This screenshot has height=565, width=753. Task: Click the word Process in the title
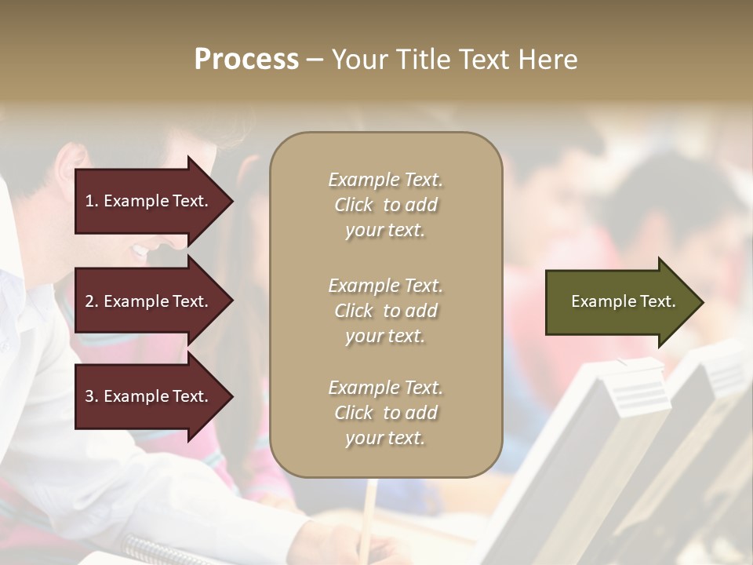tap(246, 60)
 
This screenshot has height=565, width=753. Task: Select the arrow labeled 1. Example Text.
tap(149, 201)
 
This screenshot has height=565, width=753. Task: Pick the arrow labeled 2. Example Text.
tap(149, 301)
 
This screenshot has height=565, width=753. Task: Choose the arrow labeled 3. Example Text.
tap(149, 397)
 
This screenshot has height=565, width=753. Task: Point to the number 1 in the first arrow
tap(89, 201)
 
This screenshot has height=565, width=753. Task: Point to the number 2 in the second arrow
tap(89, 301)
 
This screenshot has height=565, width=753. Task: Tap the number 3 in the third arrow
tap(89, 397)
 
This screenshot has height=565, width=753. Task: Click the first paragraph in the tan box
tap(385, 205)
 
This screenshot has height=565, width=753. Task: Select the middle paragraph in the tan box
tap(385, 311)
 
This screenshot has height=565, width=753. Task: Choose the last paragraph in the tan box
tap(385, 413)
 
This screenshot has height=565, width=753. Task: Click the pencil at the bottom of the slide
tap(368, 518)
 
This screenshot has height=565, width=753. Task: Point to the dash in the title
tap(314, 60)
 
